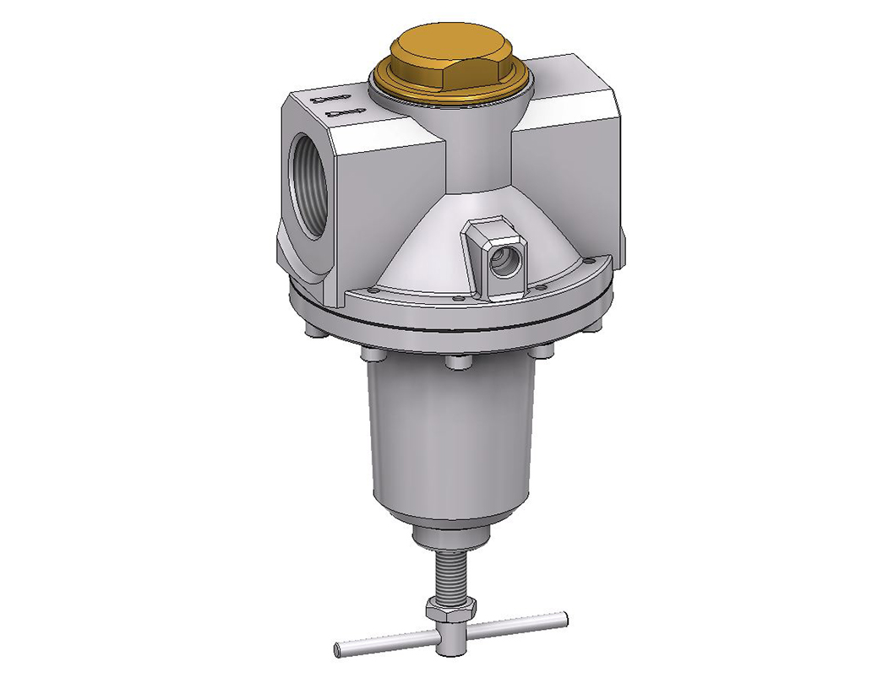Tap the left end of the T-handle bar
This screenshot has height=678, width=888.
(340, 648)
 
